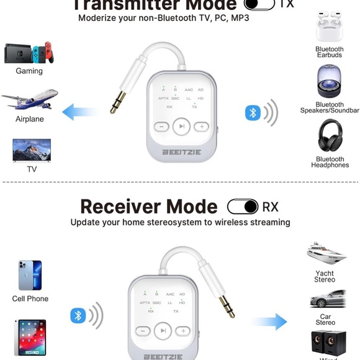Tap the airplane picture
pyautogui.click(x=30, y=100)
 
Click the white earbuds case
pyautogui.click(x=329, y=28)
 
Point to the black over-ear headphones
pyautogui.click(x=330, y=135)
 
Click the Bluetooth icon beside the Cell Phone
pyautogui.click(x=78, y=315)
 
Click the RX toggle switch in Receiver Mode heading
pyautogui.click(x=243, y=207)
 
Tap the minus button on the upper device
pyautogui.click(x=161, y=127)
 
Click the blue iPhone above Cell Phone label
pyautogui.click(x=30, y=276)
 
